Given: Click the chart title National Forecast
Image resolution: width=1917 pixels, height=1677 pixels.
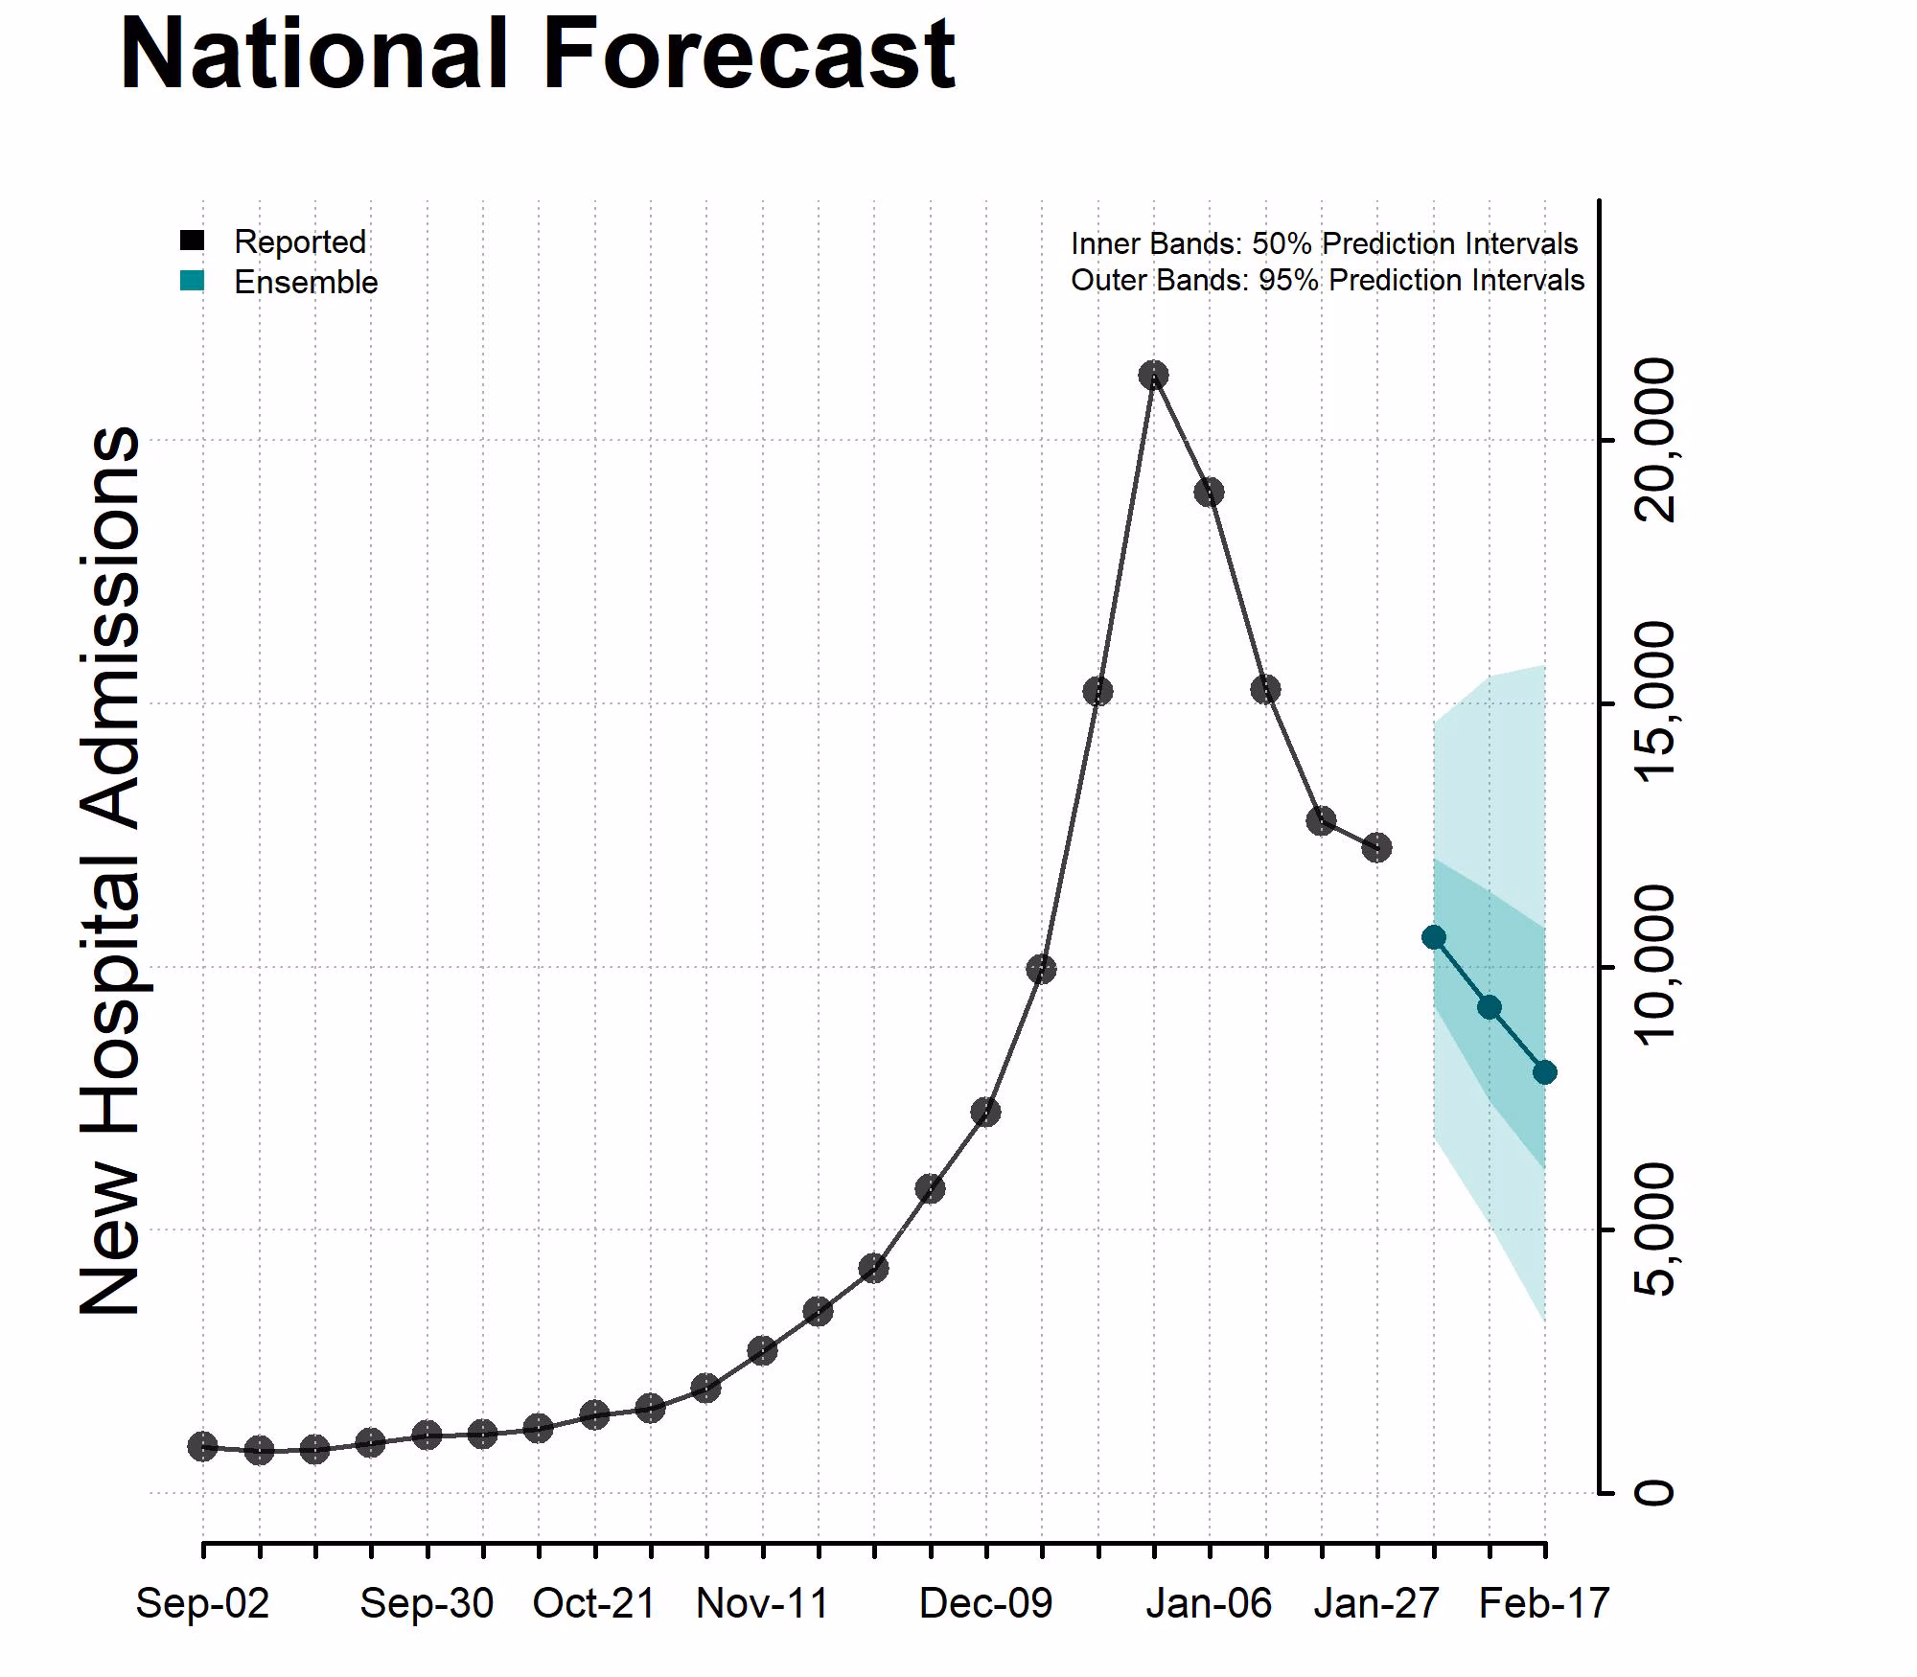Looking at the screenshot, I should point(537,55).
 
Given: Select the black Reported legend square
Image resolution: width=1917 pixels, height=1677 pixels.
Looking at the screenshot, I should point(192,241).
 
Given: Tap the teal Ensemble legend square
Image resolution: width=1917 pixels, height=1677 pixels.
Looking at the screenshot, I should point(192,281).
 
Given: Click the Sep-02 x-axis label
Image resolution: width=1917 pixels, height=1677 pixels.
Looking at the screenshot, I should point(202,1603).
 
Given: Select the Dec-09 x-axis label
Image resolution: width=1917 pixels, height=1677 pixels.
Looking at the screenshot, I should point(985,1603).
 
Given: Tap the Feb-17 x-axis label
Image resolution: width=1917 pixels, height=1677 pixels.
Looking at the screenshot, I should point(1543,1603).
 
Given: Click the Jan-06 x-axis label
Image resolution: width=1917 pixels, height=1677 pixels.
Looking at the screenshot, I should point(1209,1603).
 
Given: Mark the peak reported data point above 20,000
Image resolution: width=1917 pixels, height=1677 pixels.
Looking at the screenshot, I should point(1153,375).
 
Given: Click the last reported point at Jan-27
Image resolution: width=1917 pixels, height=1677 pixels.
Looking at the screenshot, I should point(1376,847).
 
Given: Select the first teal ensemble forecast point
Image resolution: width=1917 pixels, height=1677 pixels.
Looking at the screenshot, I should point(1434,937).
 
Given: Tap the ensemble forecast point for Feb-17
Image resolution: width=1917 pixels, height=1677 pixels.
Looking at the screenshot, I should point(1544,1072).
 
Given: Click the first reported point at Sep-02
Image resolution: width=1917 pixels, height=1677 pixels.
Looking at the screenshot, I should point(202,1447).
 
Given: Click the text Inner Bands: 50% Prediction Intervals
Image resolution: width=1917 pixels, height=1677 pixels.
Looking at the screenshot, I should point(1324,243).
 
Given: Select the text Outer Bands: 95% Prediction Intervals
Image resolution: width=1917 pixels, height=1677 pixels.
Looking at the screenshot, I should point(1327,280).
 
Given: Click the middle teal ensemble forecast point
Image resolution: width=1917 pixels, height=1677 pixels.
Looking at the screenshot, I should point(1489,1007).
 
